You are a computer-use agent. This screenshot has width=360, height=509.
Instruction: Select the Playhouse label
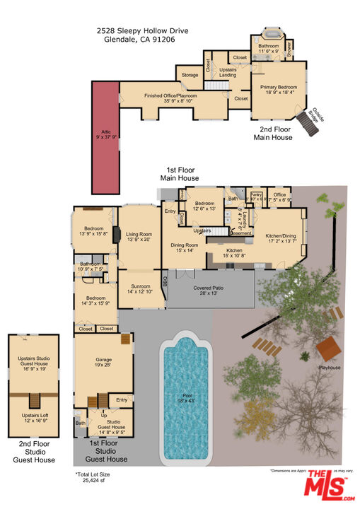[330, 368]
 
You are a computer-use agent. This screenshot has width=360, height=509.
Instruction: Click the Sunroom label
[139, 288]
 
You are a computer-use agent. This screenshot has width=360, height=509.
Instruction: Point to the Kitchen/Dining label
[280, 238]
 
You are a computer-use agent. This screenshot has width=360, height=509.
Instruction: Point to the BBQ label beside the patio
[165, 280]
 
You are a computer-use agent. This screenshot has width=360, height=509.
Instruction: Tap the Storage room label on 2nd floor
[190, 75]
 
